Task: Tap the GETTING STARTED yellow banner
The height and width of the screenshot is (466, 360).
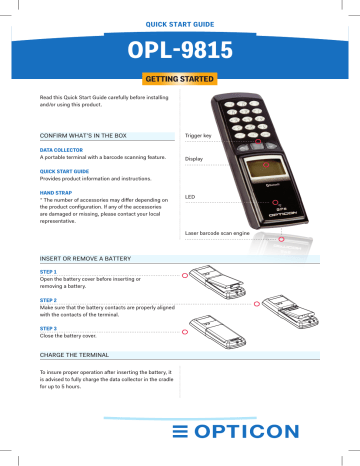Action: pos(180,78)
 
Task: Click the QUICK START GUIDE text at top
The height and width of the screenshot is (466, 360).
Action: pos(180,20)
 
